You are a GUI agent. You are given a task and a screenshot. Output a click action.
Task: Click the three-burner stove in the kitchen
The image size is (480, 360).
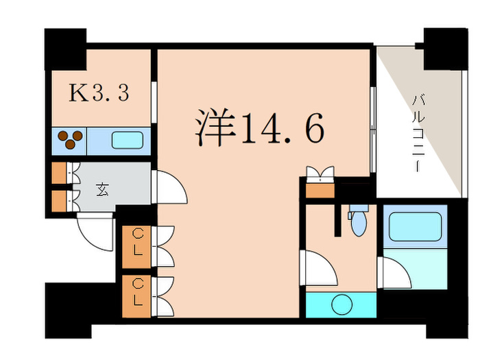pyautogui.click(x=69, y=139)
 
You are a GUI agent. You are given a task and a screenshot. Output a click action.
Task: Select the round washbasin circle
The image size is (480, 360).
pyautogui.click(x=341, y=304)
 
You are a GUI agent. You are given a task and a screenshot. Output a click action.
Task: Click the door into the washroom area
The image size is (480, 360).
pyautogui.click(x=319, y=269)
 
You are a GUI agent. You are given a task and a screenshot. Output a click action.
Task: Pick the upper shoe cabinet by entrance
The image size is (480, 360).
pyautogui.click(x=60, y=172)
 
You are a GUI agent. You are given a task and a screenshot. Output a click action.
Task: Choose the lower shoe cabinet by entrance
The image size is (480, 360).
pyautogui.click(x=60, y=200)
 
